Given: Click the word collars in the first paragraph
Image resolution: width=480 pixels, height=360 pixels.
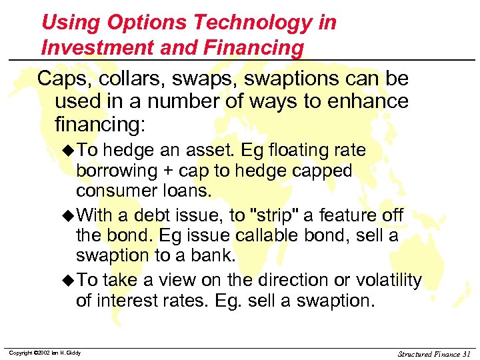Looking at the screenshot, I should coord(125,79).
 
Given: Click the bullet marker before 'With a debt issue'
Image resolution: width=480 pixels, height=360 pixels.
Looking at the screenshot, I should coord(70,217).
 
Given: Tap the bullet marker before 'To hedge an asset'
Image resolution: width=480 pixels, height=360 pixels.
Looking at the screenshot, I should coord(70,151).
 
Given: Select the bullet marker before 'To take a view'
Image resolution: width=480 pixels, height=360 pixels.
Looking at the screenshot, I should coord(70,281).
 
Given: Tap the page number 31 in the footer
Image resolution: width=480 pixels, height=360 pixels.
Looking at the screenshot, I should coord(465,353).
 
